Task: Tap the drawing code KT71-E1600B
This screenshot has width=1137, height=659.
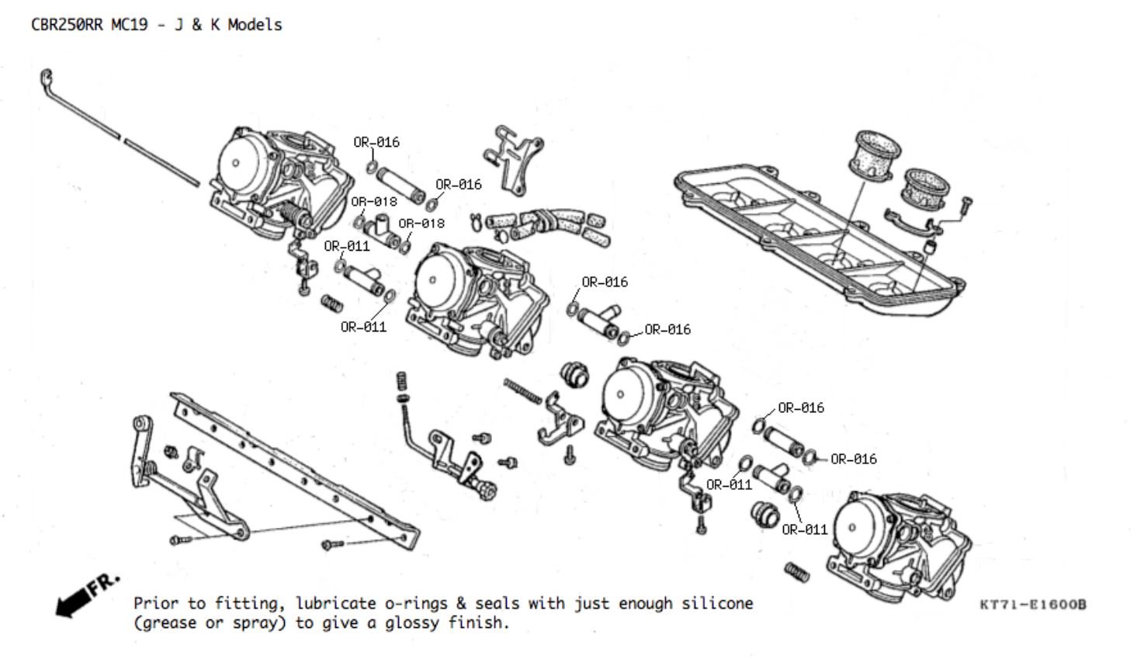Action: [x=1032, y=605]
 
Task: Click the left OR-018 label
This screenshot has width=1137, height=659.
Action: [x=373, y=202]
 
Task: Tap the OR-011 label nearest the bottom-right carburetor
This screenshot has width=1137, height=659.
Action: [x=805, y=529]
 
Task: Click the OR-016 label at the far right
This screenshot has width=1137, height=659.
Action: [x=853, y=460]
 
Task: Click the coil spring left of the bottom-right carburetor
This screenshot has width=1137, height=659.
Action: [x=797, y=573]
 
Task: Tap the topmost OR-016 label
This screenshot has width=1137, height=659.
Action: [x=376, y=142]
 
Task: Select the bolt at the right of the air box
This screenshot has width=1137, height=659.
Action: [x=965, y=204]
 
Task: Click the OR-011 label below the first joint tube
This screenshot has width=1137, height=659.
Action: [x=363, y=327]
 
